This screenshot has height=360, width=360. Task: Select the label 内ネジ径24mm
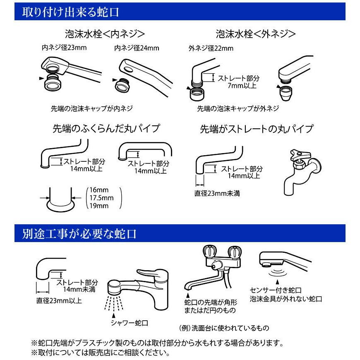(137, 48)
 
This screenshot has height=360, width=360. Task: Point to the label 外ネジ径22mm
(211, 48)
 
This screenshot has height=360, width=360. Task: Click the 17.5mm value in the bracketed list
(99, 198)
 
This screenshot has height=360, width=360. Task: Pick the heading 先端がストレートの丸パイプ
(256, 129)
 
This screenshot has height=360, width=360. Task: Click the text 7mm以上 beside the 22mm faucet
(242, 86)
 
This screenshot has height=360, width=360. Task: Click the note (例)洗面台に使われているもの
(224, 328)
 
